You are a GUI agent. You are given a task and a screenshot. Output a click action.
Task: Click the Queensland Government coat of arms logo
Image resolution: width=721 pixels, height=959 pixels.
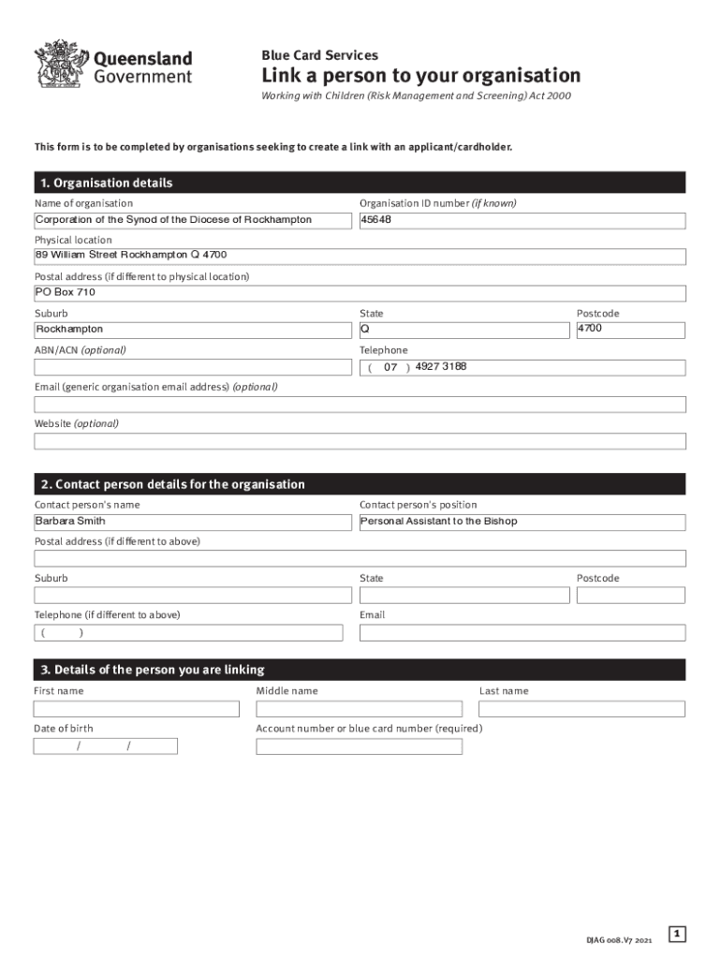58,65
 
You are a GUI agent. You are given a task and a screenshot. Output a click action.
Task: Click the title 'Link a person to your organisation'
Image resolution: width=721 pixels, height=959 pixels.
420,76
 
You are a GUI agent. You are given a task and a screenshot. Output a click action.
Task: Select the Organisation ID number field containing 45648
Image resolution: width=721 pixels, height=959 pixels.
522,221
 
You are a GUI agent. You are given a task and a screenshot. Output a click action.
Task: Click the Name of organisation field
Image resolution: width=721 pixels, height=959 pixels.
191,221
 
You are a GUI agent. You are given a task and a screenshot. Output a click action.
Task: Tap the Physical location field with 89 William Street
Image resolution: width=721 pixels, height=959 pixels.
360,257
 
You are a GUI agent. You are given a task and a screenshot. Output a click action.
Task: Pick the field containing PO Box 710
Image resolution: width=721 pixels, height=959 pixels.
360,293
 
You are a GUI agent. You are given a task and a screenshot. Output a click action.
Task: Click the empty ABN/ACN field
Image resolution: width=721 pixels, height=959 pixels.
191,367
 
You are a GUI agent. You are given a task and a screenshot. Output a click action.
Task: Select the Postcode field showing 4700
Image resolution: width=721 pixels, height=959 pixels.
630,331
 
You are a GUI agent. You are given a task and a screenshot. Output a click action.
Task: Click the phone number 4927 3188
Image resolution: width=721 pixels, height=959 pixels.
441,366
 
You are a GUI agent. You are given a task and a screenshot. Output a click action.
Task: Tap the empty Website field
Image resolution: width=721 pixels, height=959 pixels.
360,441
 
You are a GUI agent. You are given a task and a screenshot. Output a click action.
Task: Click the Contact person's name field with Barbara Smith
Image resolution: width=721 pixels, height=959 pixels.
191,523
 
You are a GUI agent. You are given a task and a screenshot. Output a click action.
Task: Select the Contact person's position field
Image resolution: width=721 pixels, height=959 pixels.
522,523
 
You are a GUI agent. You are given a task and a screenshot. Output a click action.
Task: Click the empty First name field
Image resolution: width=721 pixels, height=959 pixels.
137,709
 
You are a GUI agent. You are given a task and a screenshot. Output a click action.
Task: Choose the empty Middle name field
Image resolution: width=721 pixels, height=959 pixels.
359,709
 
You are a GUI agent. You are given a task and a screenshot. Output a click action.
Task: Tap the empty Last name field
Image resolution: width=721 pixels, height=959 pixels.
581,709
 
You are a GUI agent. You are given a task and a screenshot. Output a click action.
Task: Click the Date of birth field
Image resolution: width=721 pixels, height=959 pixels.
105,746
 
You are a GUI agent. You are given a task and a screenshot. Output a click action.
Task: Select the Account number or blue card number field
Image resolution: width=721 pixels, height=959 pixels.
359,746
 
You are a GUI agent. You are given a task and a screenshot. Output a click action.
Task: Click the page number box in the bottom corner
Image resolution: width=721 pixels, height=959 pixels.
677,933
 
